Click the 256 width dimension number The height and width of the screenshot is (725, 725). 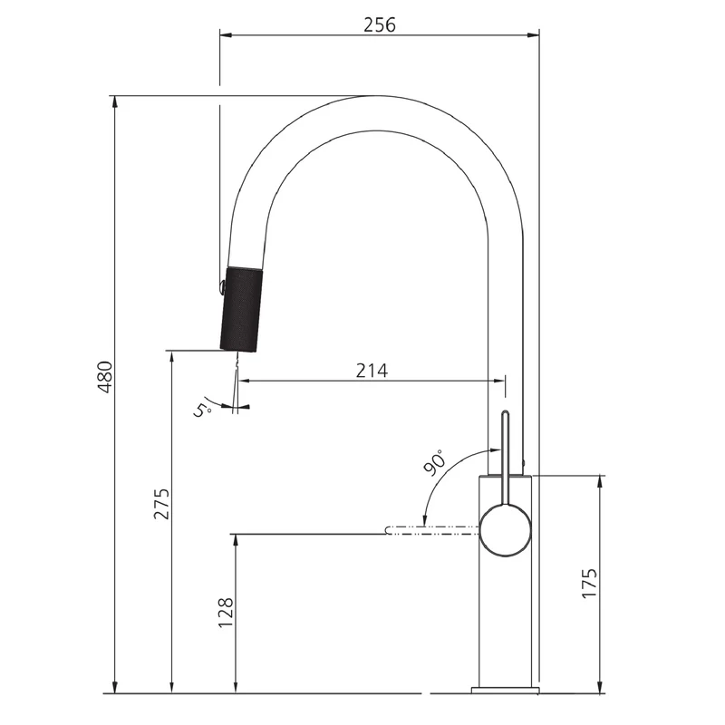(380, 24)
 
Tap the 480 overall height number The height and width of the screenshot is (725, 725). (105, 377)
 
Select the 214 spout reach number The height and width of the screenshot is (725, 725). (372, 371)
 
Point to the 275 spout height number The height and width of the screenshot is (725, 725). (162, 504)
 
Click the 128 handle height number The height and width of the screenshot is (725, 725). (226, 613)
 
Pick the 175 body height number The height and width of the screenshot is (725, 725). (589, 584)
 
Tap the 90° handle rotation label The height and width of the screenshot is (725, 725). (436, 462)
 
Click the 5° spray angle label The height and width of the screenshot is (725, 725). (202, 411)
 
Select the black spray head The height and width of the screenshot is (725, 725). (241, 310)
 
